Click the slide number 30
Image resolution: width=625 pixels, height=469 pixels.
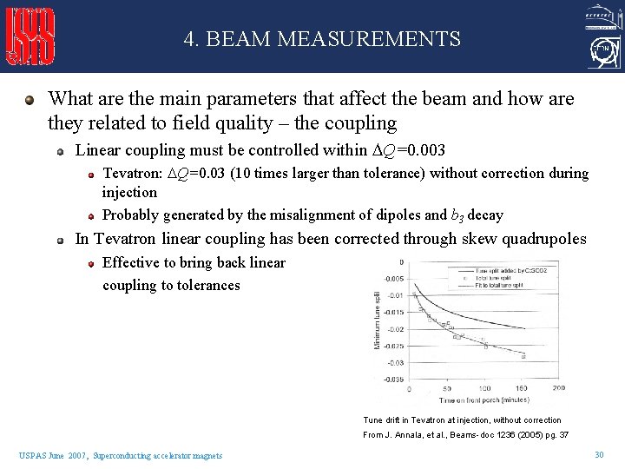(599, 455)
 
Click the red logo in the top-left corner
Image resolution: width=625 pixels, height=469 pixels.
(31, 36)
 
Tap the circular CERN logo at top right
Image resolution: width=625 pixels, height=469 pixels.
(601, 55)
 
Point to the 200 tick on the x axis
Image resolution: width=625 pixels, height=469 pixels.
(558, 388)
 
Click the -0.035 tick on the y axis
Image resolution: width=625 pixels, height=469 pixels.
(393, 380)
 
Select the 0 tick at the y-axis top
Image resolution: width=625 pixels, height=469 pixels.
(400, 261)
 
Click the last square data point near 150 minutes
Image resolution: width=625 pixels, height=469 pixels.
(523, 355)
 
